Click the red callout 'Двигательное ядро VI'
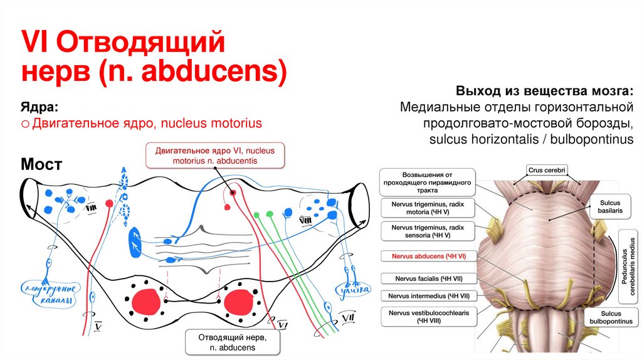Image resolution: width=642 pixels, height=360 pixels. click(214, 155)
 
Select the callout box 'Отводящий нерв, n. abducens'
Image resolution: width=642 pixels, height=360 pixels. click(230, 342)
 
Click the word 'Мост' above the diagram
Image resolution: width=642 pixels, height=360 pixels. click(41, 165)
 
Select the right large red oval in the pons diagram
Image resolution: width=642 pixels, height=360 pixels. click(237, 302)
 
